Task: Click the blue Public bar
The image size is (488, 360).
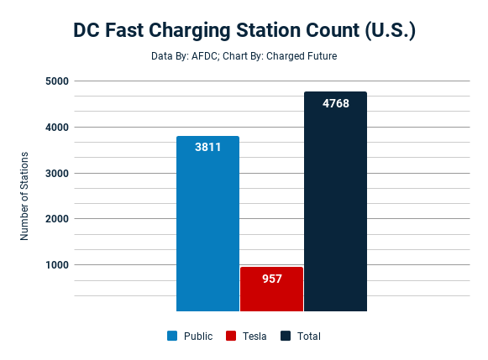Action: (207, 227)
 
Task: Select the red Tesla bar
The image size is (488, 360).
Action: (271, 294)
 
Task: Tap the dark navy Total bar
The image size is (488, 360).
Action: (335, 210)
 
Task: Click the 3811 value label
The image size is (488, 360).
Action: (207, 147)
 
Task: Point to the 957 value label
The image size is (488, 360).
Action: (271, 278)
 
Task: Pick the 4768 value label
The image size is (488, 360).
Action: (335, 103)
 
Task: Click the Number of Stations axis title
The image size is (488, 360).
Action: (25, 196)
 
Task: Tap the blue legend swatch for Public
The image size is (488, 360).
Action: (172, 336)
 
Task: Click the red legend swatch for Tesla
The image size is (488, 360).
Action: (231, 336)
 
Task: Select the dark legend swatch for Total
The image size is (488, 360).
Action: (286, 336)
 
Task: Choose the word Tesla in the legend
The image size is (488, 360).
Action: (254, 336)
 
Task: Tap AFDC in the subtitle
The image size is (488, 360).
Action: (199, 57)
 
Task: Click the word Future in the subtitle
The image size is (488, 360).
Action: (320, 57)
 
